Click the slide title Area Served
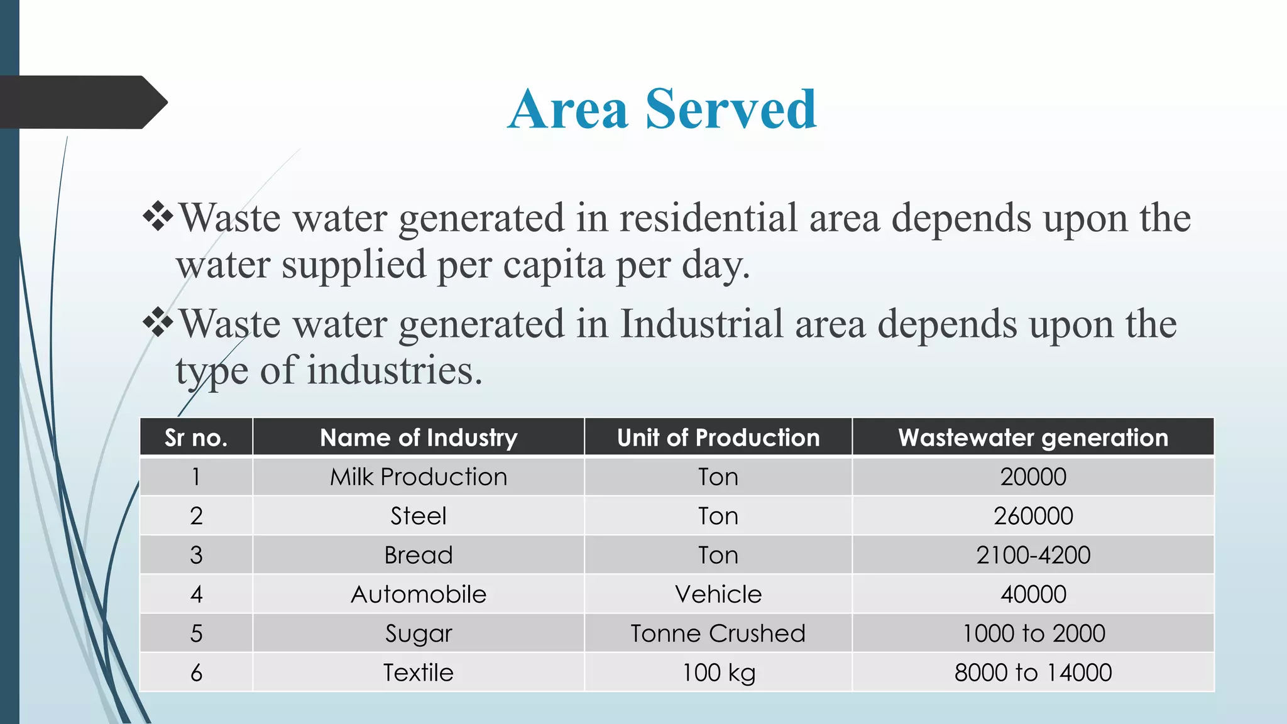point(662,109)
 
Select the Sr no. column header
point(196,437)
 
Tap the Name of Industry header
point(419,437)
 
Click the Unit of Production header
point(718,437)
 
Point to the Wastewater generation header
point(1033,437)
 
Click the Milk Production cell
point(419,477)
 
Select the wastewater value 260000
point(1033,516)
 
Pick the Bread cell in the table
point(419,555)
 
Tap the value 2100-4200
point(1033,555)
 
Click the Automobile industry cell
point(419,595)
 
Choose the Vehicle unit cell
point(718,595)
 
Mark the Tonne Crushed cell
point(718,633)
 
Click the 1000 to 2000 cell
point(1033,633)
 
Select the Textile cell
point(419,672)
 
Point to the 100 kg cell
point(718,672)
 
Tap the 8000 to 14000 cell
point(1033,672)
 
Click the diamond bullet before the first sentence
point(158,217)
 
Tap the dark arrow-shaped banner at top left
point(82,102)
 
